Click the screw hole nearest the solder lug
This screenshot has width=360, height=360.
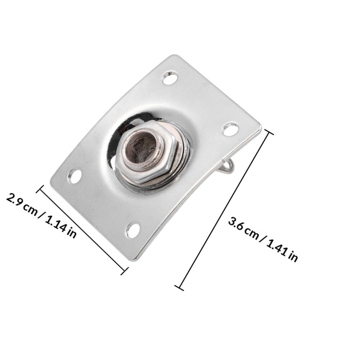click(x=231, y=129)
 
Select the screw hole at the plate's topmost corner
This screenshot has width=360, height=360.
click(x=170, y=78)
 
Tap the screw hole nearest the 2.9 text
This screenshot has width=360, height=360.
click(x=75, y=176)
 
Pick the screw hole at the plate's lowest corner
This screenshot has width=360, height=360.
click(x=133, y=230)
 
